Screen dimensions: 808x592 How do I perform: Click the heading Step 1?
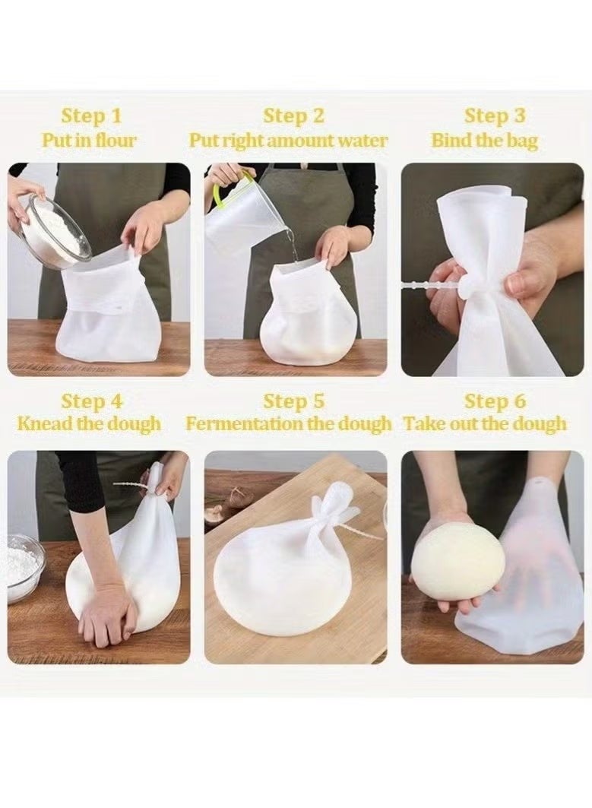[x=91, y=116]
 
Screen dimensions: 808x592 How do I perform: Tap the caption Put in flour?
[x=90, y=141]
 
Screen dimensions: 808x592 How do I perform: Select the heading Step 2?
[x=293, y=116]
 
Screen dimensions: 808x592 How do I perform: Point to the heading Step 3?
[x=495, y=116]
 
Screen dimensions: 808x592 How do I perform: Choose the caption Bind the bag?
[x=485, y=141]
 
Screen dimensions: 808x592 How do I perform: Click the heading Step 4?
[x=91, y=401]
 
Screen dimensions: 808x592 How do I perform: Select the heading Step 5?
[x=293, y=401]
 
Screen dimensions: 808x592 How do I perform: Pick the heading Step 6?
[x=495, y=401]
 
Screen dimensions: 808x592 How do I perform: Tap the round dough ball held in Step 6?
[x=457, y=562]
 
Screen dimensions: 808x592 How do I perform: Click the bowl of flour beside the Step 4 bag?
[x=24, y=567]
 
